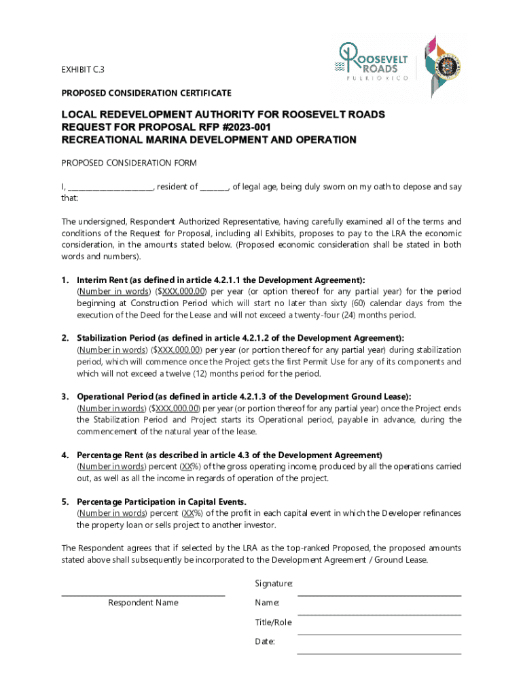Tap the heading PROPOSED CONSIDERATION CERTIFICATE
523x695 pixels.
pos(146,92)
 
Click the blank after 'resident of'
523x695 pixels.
pos(214,187)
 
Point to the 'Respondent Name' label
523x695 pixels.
pos(143,603)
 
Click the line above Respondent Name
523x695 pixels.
pos(143,595)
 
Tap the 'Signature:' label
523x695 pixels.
pos(274,584)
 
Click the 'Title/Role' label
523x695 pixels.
pos(273,622)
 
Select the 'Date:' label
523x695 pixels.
pos(265,641)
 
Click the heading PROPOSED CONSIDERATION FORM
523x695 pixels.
pos(129,163)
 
